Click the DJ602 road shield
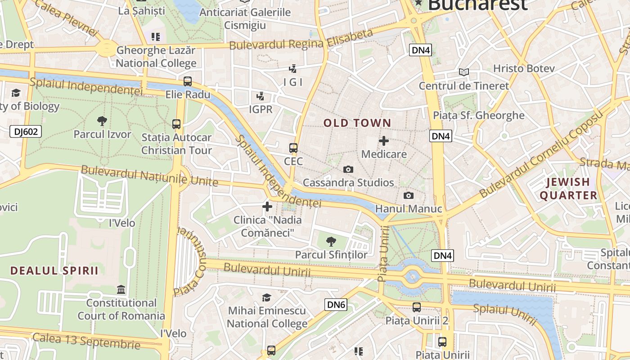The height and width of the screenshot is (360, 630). coord(26,131)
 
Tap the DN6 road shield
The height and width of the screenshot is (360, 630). coord(336,305)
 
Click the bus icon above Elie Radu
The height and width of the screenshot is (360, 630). coord(188,81)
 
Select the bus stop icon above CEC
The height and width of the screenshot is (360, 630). coord(293,148)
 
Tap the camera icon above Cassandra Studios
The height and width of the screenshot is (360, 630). coord(348,169)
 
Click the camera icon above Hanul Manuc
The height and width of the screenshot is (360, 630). coord(408,195)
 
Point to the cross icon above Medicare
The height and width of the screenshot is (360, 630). coord(384,141)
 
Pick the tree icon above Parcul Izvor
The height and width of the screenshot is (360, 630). coord(102,121)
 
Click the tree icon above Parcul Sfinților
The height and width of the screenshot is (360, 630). coord(331,241)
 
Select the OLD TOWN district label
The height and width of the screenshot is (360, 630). coord(357,123)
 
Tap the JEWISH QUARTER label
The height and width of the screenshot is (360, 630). coord(568,189)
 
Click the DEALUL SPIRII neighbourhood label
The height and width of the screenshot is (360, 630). coord(54,270)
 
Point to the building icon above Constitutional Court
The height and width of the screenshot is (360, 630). coord(121,289)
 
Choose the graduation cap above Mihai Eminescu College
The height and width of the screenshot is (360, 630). coord(267,297)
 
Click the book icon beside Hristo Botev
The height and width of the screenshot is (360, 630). coord(464,72)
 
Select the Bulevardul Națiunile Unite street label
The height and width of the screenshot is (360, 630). coord(149,176)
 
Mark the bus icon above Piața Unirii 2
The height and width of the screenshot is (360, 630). coord(417,307)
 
